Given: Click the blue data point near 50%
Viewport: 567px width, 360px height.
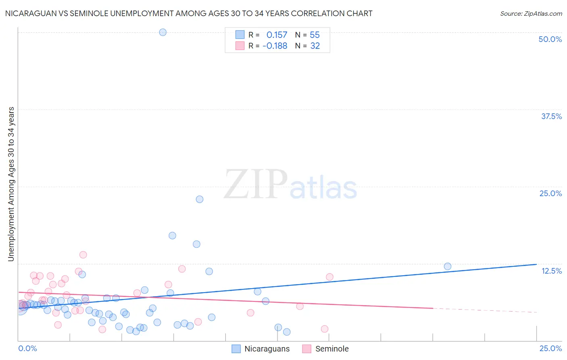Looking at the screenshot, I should point(163,32).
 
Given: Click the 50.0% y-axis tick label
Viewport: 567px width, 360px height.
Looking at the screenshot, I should point(550,39).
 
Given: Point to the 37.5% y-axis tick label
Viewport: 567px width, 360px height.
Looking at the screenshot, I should point(551,116).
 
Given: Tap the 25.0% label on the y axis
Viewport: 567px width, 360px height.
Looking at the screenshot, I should point(550,193).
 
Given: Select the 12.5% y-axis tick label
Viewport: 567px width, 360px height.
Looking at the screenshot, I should point(551,271).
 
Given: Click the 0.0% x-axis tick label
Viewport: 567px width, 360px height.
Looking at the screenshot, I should point(27,348).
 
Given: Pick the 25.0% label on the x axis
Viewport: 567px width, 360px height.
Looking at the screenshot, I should point(550,348).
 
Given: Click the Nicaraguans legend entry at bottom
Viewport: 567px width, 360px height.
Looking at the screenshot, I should point(267,349).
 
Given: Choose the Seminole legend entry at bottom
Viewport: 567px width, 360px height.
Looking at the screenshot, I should point(332,349).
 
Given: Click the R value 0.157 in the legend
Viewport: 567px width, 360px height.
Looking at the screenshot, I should point(277,35).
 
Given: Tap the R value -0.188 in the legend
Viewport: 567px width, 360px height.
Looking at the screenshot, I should point(275,46).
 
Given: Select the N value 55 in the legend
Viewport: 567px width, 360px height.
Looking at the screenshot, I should point(315,35).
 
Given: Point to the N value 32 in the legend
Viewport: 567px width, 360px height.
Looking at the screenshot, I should point(315,46).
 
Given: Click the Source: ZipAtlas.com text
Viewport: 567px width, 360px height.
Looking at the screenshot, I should point(531,13).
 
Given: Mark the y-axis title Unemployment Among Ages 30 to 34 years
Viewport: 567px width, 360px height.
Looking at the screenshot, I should point(11,184).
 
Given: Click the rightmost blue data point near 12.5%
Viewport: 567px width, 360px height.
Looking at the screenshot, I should point(447,266).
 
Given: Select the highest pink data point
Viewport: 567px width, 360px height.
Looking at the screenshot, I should point(83,255).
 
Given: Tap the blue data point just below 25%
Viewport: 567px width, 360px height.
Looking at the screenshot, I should point(199,199).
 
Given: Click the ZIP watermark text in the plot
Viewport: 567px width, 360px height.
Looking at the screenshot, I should point(255,185).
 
